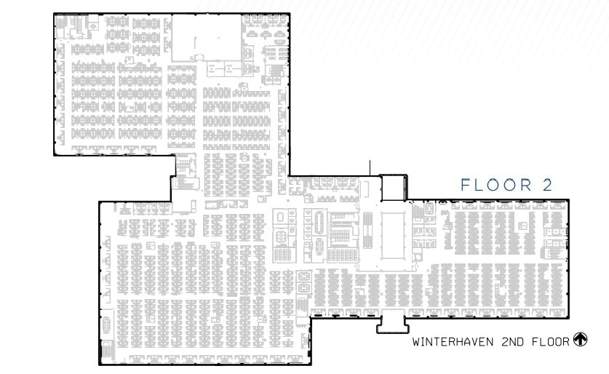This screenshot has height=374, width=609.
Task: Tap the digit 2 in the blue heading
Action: tap(546, 186)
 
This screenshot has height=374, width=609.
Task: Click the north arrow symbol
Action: tap(581, 340)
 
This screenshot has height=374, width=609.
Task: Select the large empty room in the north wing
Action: tap(206, 39)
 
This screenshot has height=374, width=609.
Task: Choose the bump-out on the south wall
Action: tap(393, 320)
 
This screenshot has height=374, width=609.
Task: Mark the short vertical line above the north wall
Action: tap(370, 167)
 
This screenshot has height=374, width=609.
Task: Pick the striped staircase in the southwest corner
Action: tap(106, 350)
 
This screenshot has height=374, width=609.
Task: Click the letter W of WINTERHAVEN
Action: tap(416, 341)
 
